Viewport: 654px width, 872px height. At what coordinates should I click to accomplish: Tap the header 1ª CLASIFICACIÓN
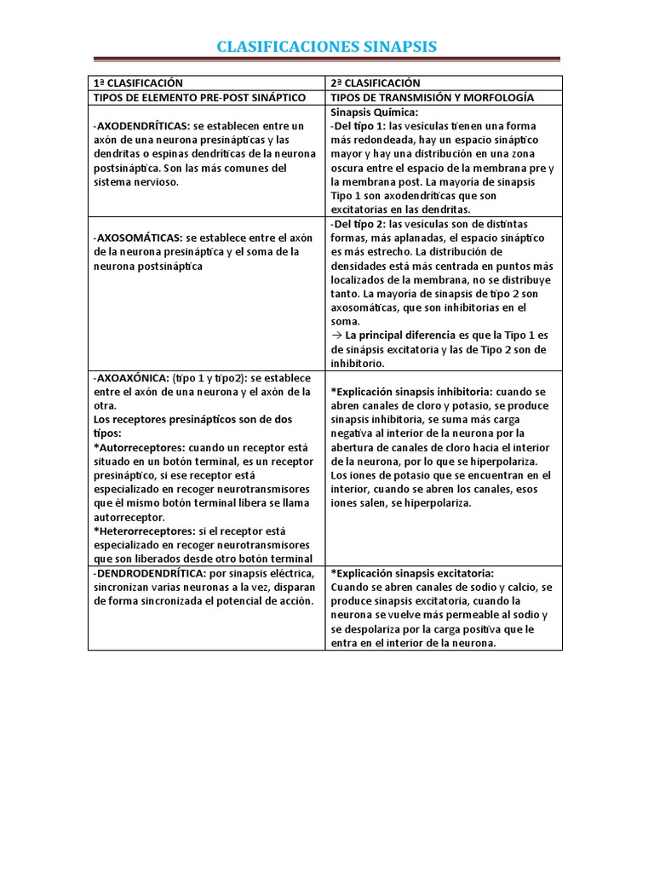pyautogui.click(x=137, y=83)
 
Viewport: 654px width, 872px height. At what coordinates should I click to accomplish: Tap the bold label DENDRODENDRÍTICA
pyautogui.click(x=150, y=573)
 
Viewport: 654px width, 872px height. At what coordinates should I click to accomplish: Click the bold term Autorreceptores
pyautogui.click(x=140, y=447)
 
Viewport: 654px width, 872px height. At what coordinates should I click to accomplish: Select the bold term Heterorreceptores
pyautogui.click(x=144, y=531)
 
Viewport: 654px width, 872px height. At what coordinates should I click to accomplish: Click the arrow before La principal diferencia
pyautogui.click(x=336, y=336)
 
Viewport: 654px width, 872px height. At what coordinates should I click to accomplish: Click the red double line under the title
pyautogui.click(x=326, y=60)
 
